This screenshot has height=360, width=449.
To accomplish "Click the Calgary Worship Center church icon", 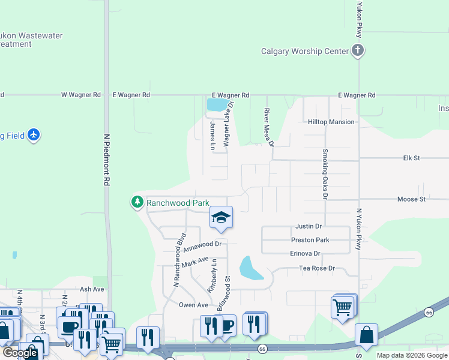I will pyautogui.click(x=358, y=50).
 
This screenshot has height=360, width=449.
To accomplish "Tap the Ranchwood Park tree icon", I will pyautogui.click(x=138, y=203).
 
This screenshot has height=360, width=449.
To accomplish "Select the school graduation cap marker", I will pyautogui.click(x=221, y=218).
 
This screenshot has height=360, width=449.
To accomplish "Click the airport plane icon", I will pyautogui.click(x=34, y=135).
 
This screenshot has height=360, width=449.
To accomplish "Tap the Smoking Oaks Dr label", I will pyautogui.click(x=325, y=174).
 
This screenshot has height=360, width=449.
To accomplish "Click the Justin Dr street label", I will pyautogui.click(x=309, y=226).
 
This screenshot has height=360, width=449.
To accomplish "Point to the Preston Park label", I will pyautogui.click(x=310, y=240).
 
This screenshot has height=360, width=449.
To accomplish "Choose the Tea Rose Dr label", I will pyautogui.click(x=316, y=268).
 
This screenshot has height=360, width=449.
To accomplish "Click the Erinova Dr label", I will pyautogui.click(x=306, y=254).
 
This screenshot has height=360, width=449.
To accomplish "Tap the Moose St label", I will pyautogui.click(x=411, y=199).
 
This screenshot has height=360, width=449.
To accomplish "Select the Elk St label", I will pyautogui.click(x=411, y=158).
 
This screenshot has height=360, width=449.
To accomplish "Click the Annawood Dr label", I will pyautogui.click(x=202, y=247).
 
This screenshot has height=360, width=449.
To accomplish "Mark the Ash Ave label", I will pyautogui.click(x=92, y=289).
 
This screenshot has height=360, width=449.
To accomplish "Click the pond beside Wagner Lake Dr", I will pyautogui.click(x=217, y=105).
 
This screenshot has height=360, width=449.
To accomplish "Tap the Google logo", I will pyautogui.click(x=20, y=353).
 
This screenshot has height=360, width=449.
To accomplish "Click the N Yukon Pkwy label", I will pyautogui.click(x=359, y=229).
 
